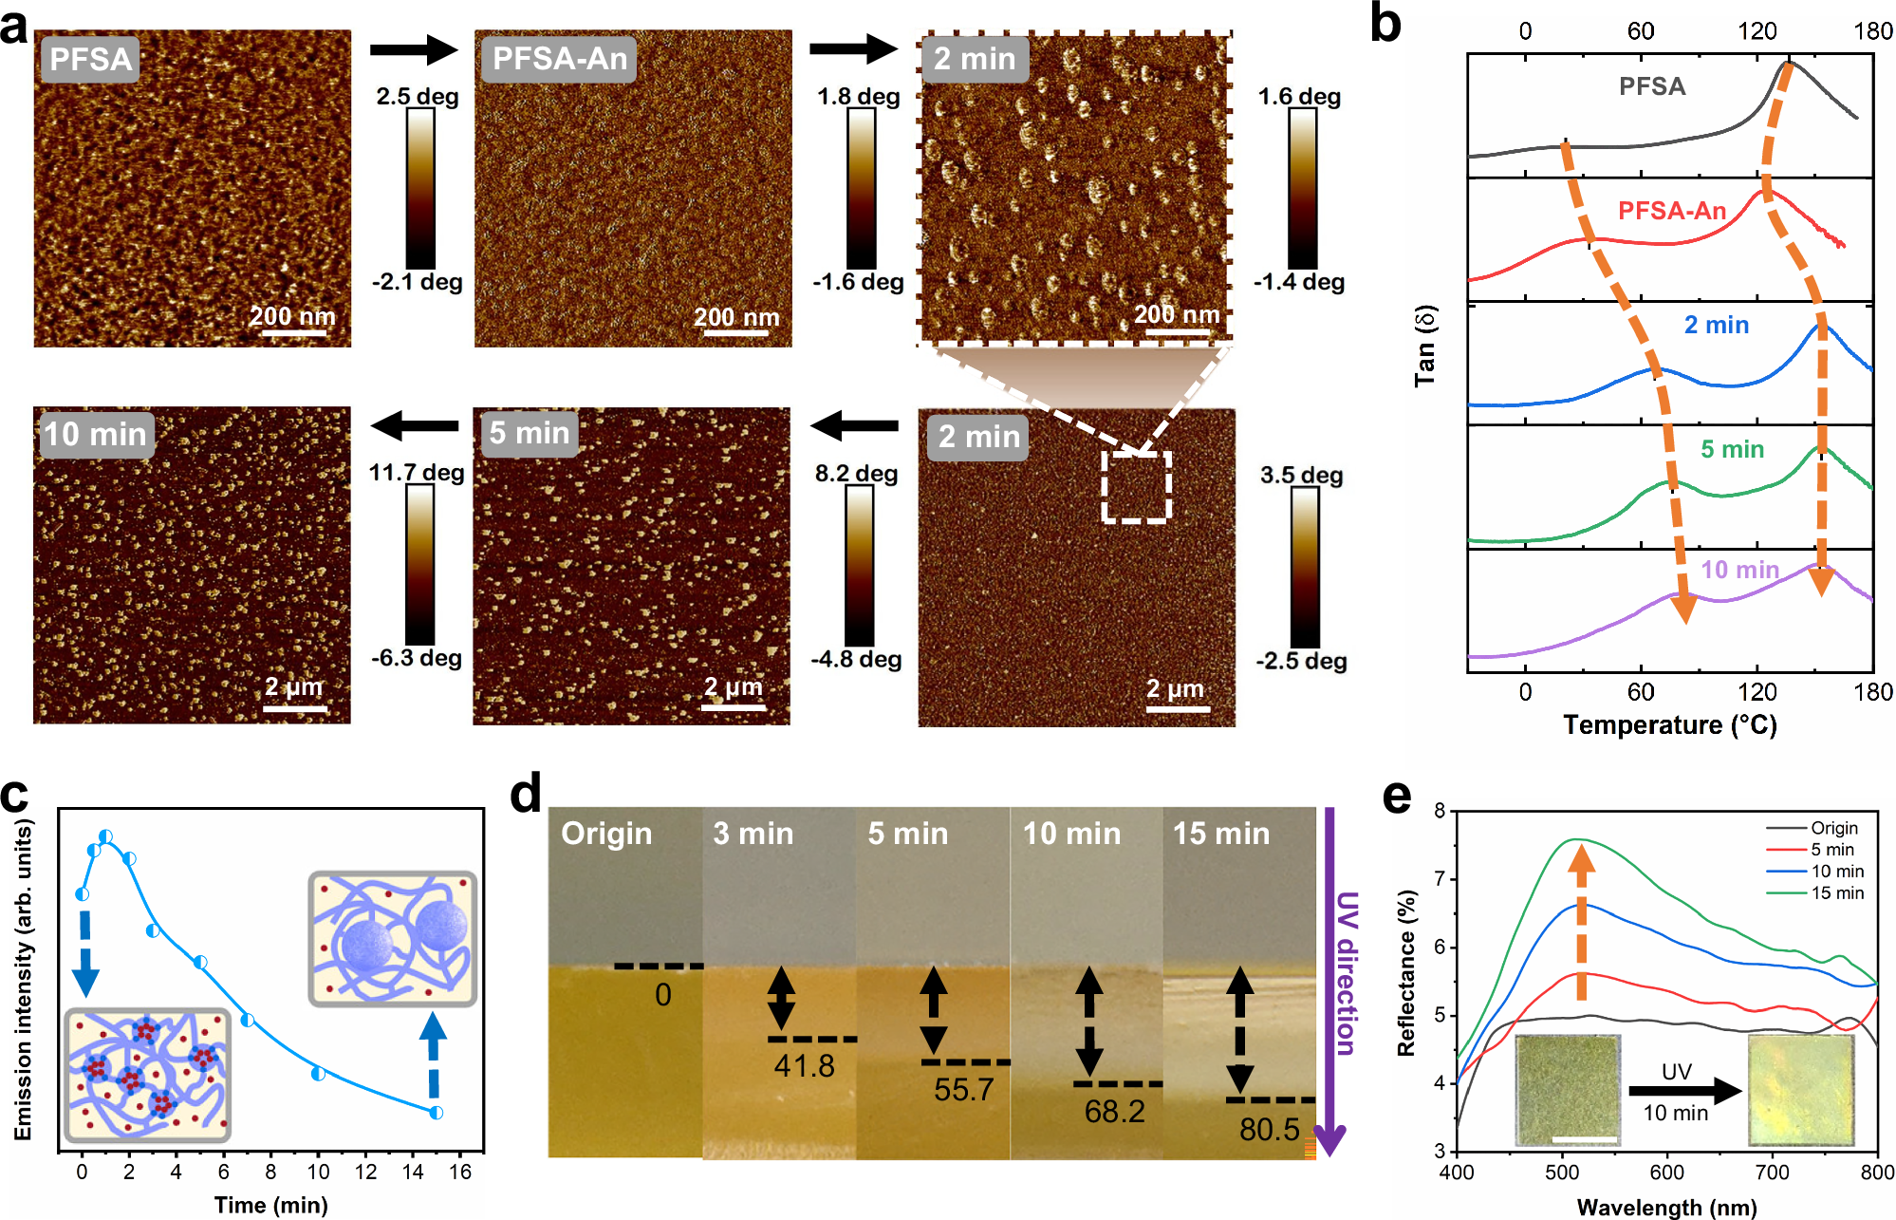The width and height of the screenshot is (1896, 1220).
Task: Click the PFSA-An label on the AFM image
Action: (x=559, y=59)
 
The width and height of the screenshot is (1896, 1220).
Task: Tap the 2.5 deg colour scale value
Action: (x=417, y=97)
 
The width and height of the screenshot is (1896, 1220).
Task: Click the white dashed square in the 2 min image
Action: (x=1136, y=486)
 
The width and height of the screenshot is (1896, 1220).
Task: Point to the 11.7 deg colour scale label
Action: (x=416, y=473)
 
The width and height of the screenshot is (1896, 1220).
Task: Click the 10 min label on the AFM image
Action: (x=95, y=434)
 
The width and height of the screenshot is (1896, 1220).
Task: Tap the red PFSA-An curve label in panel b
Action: (x=1671, y=211)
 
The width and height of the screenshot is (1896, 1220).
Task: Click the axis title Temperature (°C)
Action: (x=1669, y=725)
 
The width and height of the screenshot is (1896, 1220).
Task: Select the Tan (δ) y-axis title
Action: (x=1425, y=346)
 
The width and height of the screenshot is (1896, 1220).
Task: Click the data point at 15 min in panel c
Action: (x=436, y=1112)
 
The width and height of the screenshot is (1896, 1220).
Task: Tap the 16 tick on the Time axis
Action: (x=459, y=1172)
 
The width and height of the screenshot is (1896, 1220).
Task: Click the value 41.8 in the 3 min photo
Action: (x=804, y=1066)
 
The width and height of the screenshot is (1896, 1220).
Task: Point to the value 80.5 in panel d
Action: (x=1269, y=1129)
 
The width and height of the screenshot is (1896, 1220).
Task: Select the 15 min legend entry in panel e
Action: (x=1836, y=892)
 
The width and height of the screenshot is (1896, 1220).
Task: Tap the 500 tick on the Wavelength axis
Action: (x=1561, y=1173)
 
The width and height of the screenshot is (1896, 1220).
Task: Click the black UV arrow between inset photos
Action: (x=1684, y=1091)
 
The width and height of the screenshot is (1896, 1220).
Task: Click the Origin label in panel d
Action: (x=606, y=834)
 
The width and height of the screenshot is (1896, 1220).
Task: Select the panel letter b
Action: (x=1385, y=25)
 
